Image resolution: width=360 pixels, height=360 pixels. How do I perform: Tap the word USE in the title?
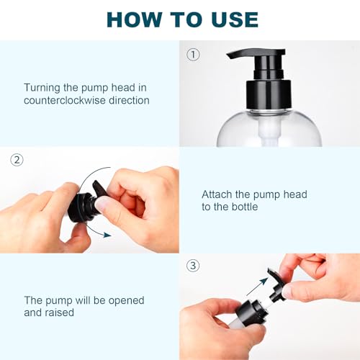pos(229,19)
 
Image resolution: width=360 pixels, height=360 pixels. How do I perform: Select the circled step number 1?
pos(192,54)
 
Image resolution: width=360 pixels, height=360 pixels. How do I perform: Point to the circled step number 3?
pos(192,266)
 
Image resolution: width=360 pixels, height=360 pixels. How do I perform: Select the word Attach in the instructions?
pos(217,194)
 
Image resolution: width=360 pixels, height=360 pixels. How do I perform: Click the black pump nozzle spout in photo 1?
pos(242,55)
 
